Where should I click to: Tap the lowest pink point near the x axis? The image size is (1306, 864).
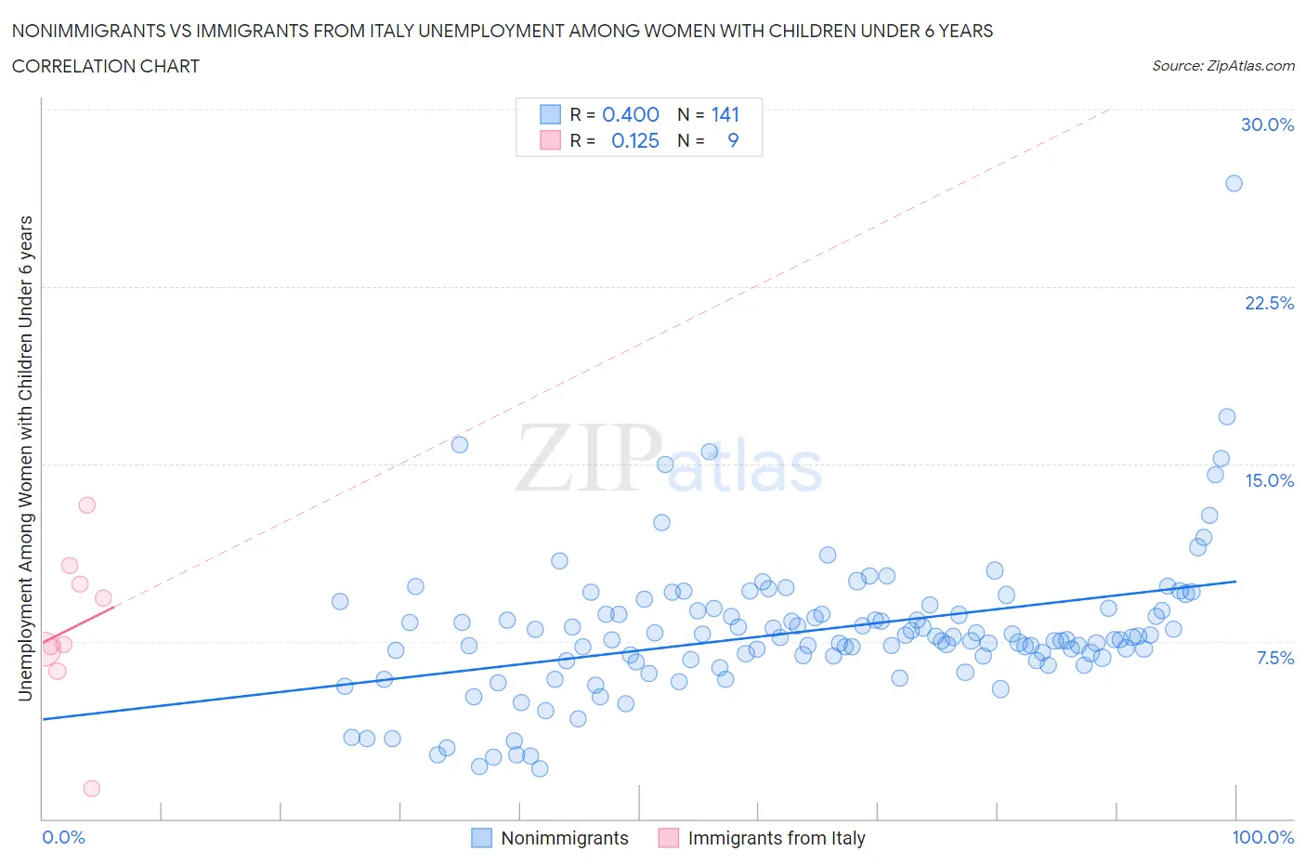[91, 788]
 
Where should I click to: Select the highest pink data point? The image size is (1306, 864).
[86, 505]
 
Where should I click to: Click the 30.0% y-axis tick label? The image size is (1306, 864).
[1267, 124]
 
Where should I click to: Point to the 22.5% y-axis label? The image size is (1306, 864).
[1269, 303]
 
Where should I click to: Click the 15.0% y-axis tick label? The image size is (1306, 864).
[1269, 480]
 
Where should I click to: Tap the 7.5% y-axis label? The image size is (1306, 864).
[1274, 658]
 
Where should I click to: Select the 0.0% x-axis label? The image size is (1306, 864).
[63, 837]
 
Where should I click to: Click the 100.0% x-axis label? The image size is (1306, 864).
[1262, 837]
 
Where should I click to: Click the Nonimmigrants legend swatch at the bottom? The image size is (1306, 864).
[481, 838]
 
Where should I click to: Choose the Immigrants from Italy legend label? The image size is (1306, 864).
[777, 838]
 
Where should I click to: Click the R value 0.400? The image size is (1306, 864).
[631, 114]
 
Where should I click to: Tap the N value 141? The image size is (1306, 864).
[725, 114]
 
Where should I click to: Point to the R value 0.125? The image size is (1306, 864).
[635, 140]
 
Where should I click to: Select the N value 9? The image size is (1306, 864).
[733, 140]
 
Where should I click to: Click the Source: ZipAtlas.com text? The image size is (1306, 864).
[1222, 65]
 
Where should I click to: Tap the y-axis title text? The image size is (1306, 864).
[26, 457]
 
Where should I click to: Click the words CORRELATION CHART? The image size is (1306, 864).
[106, 66]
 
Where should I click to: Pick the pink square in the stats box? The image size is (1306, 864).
[551, 140]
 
